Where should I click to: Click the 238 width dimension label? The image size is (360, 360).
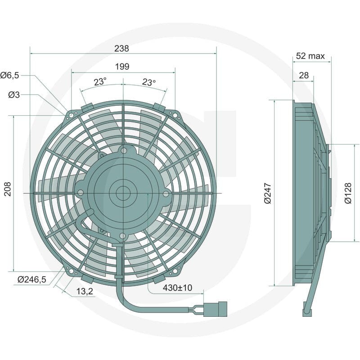click(x=121, y=49)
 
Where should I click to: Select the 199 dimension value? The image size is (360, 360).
click(x=122, y=67)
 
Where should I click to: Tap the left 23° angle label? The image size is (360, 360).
click(x=100, y=82)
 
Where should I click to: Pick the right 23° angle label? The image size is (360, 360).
click(x=149, y=82)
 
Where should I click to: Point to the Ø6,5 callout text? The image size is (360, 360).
click(x=9, y=75)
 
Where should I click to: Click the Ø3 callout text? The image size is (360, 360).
click(x=14, y=94)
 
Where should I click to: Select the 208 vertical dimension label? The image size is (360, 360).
click(x=8, y=189)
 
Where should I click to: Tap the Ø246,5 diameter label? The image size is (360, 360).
click(x=31, y=279)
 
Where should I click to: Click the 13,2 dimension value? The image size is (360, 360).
click(x=85, y=291)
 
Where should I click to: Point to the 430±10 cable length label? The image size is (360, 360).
click(x=177, y=288)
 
